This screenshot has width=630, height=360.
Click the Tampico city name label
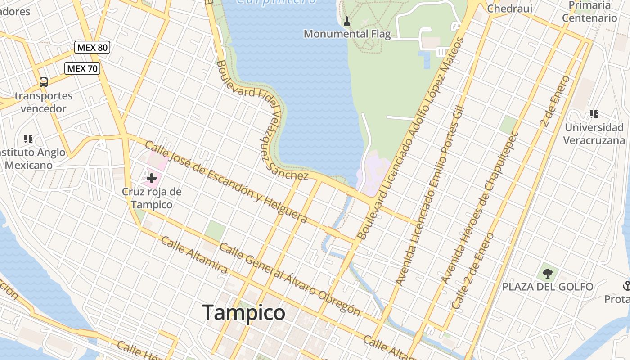tap(243, 312)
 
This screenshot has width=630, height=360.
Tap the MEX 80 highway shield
tap(92, 47)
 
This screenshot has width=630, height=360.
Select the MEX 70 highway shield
tap(82, 68)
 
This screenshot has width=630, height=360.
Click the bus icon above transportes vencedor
tap(44, 82)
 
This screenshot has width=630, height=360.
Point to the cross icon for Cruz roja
tap(151, 178)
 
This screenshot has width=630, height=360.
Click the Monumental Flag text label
tap(347, 34)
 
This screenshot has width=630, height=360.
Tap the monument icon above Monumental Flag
tap(347, 21)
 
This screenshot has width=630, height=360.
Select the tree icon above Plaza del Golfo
tap(547, 273)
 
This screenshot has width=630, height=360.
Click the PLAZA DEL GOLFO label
tap(548, 287)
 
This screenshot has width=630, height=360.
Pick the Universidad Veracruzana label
tap(594, 134)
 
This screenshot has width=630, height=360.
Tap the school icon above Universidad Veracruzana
tap(594, 114)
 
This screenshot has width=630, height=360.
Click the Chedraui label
tap(510, 9)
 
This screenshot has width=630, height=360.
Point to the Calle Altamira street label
tap(194, 255)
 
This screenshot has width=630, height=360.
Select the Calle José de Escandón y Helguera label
tap(226, 182)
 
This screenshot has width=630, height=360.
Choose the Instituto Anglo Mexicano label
tap(31, 159)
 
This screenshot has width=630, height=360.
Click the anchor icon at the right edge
tap(626, 285)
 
